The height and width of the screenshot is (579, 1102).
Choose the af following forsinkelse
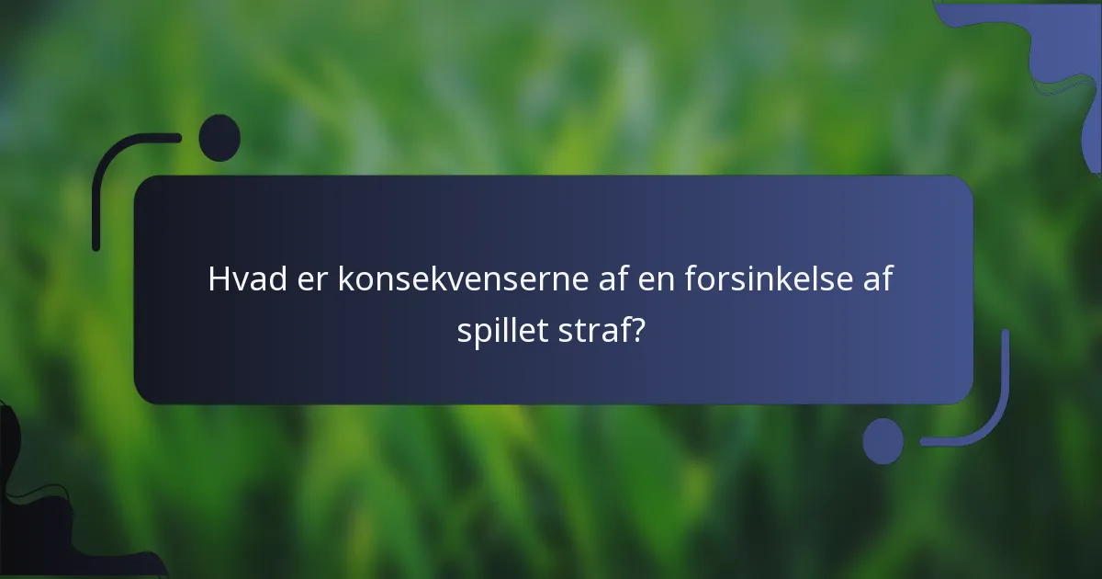(x=875, y=279)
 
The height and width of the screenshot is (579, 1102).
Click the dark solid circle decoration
(x=219, y=138)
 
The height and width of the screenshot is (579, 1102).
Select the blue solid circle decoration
(x=883, y=441)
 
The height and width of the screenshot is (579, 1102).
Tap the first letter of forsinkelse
(x=690, y=279)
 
